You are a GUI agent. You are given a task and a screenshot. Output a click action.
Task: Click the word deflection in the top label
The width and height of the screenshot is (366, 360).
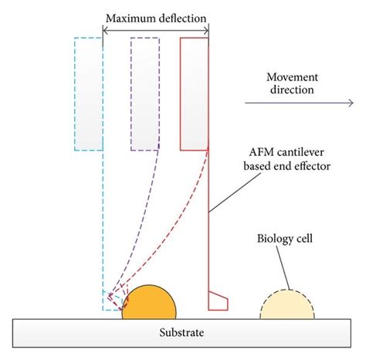tap(180, 17)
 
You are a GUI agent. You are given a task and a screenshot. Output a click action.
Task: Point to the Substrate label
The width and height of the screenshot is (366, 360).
tap(182, 333)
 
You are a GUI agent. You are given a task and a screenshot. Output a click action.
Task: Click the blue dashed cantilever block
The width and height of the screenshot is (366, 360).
tap(89, 93)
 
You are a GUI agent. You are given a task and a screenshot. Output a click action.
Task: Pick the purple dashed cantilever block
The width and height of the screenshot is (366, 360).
tap(144, 93)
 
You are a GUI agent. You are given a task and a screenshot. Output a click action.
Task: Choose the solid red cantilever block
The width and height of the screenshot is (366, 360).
tap(194, 93)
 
